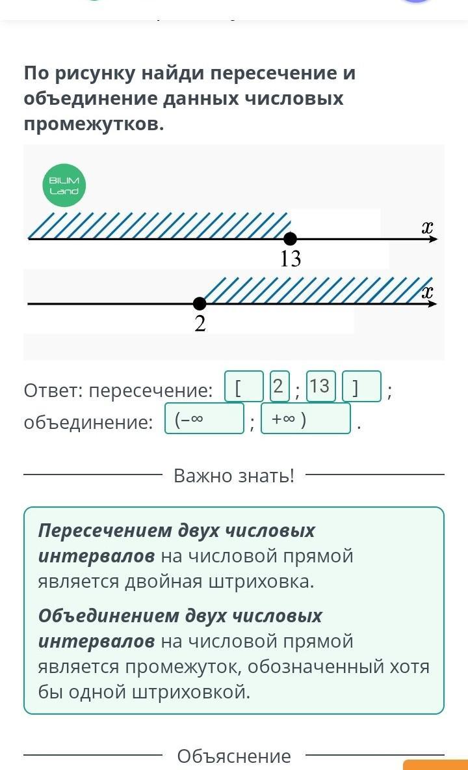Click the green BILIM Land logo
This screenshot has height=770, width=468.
(x=64, y=185)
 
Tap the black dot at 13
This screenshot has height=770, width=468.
(x=291, y=239)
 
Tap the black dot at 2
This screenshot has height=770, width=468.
(x=200, y=303)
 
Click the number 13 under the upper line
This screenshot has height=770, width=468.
(x=291, y=259)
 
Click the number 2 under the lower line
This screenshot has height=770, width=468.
(x=200, y=323)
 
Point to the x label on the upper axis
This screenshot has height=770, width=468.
(x=427, y=227)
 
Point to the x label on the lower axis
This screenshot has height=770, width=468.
(x=427, y=292)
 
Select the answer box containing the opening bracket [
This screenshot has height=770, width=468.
(x=244, y=387)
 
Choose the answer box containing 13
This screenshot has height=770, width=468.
(x=320, y=387)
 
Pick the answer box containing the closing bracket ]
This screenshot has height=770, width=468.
(x=361, y=387)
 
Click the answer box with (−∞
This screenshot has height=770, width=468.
(x=204, y=419)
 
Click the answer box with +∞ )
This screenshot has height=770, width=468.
(x=305, y=419)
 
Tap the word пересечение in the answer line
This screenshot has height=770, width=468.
(x=150, y=391)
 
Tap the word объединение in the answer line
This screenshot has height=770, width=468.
(x=88, y=423)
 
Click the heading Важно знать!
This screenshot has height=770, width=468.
(x=234, y=476)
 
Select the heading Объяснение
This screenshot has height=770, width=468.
(x=234, y=756)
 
